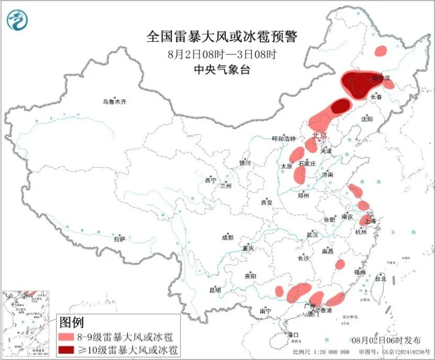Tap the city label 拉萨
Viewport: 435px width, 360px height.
point(119,239)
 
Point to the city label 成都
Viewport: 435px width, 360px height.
point(228,237)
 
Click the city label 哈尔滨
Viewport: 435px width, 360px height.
point(382,78)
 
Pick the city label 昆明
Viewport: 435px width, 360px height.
point(215,290)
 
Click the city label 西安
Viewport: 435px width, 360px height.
point(267,202)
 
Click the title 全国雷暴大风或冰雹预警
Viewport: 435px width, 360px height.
point(221,37)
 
